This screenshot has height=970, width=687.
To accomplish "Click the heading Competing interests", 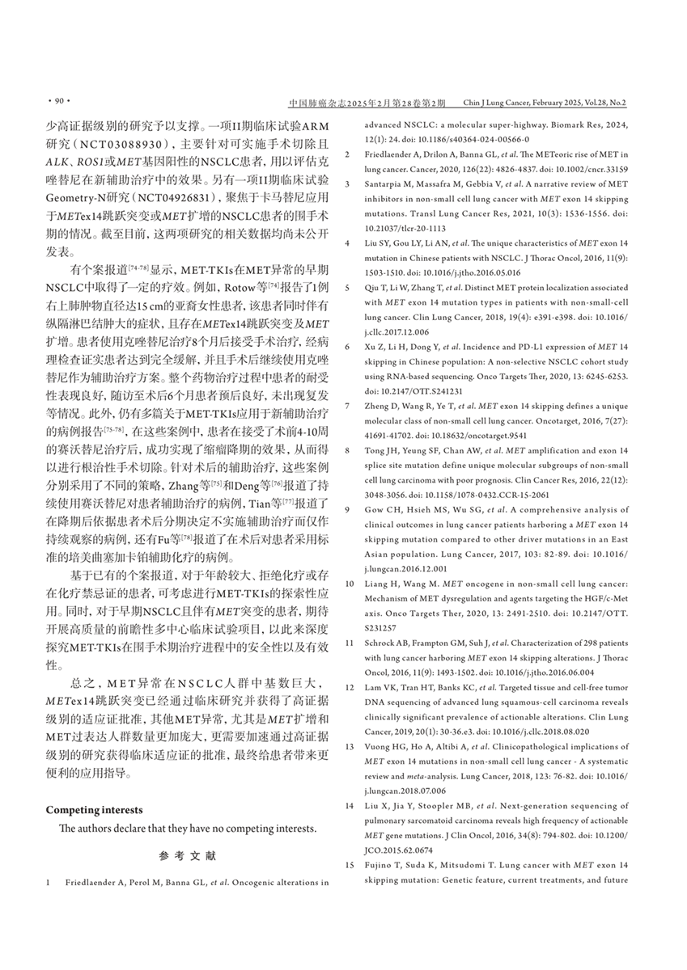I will pyautogui.click(x=94, y=809).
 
